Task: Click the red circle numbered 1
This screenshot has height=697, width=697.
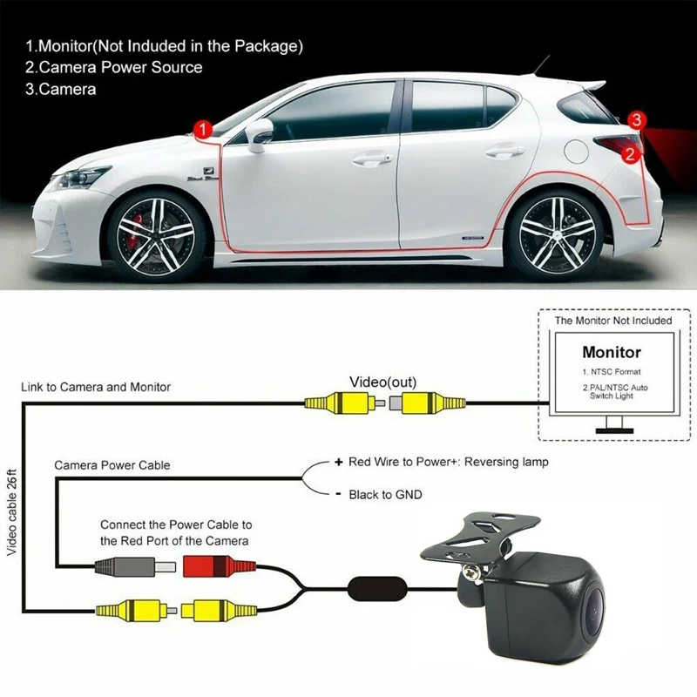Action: coord(203,130)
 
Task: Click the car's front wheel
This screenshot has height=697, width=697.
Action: coord(157,229)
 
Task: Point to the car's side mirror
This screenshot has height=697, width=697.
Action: coord(260,134)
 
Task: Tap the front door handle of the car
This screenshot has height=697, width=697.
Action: coord(371,159)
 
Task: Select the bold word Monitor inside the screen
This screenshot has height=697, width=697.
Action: coord(612,353)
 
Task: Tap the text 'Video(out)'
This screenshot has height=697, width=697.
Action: coord(383,382)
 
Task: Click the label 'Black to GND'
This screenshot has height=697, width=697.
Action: coord(384,495)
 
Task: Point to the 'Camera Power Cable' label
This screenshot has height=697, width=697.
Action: coord(112,465)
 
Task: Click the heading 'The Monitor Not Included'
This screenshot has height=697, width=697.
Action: coord(613,321)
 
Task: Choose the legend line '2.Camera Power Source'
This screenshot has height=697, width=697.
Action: coord(114,67)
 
